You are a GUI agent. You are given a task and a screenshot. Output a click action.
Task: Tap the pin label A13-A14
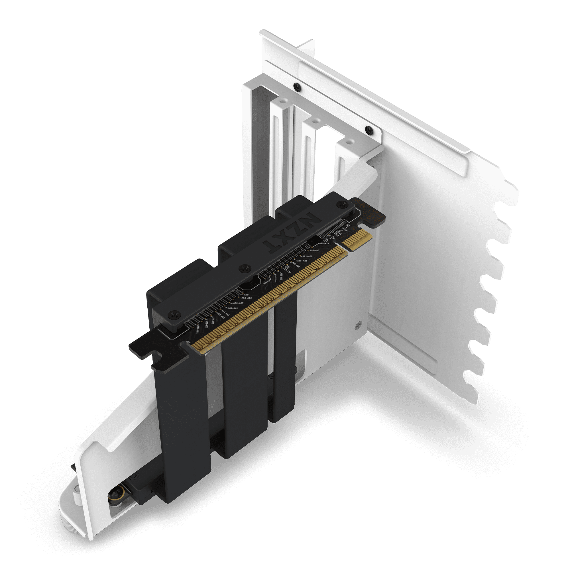[324, 243]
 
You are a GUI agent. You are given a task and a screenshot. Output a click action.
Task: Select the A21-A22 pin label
[308, 256]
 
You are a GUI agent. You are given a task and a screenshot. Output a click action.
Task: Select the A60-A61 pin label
[233, 308]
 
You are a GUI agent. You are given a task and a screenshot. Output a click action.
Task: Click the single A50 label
[245, 294]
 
